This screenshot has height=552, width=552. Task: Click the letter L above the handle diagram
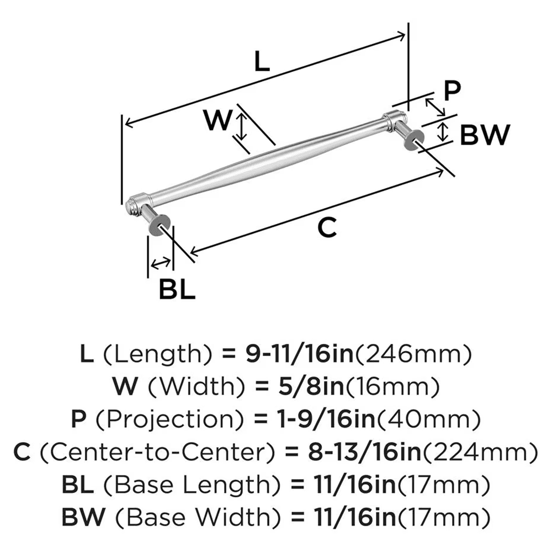tap(262, 61)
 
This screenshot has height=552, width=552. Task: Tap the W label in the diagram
tap(216, 120)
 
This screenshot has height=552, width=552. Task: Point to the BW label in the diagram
tap(484, 135)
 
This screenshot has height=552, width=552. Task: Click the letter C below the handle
tap(327, 227)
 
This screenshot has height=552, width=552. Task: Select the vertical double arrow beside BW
tap(442, 132)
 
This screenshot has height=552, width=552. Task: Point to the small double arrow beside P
tap(435, 107)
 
